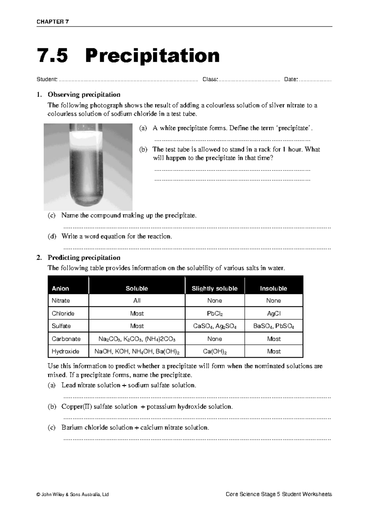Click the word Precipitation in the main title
tap(153, 56)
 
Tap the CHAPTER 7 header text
tap(53, 22)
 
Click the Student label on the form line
tap(47, 80)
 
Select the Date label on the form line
tap(291, 80)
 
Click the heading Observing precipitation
tap(84, 94)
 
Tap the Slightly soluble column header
tap(214, 288)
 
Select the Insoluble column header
tap(273, 288)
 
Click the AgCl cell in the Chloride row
tap(274, 314)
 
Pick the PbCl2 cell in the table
tap(215, 314)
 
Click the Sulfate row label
tap(61, 326)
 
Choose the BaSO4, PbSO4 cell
tap(273, 326)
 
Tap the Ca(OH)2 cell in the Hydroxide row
tap(215, 351)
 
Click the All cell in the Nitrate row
tap(137, 301)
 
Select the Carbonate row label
tap(66, 339)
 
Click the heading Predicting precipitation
tap(84, 257)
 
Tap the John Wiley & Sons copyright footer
tap(73, 494)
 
